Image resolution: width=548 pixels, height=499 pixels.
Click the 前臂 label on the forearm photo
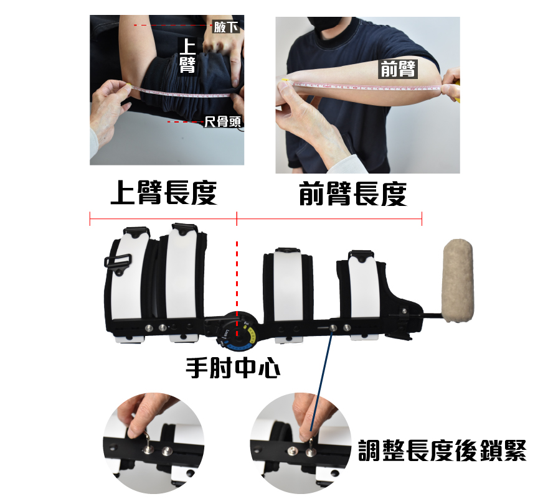pyautogui.click(x=398, y=69)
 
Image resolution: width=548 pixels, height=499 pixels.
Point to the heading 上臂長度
pyautogui.click(x=163, y=194)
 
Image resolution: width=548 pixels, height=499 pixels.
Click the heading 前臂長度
pyautogui.click(x=352, y=194)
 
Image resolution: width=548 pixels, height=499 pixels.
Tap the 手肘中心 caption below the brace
pyautogui.click(x=233, y=368)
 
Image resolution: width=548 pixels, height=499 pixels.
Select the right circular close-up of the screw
pyautogui.click(x=300, y=442)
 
